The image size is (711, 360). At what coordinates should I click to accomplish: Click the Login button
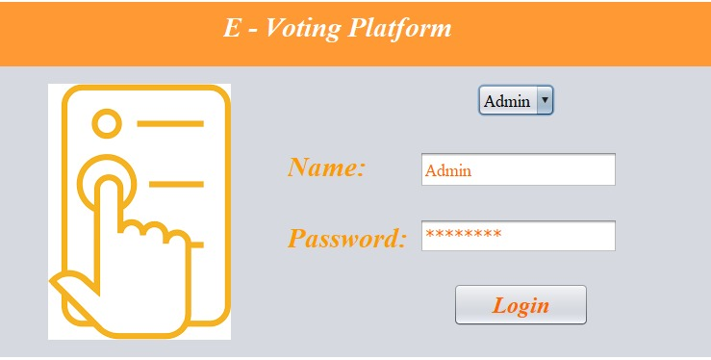point(521,305)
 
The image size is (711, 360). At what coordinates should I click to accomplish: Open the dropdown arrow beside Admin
point(546,99)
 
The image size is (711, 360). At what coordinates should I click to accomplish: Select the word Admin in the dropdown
point(507,100)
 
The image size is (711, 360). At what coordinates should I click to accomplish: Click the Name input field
point(518,169)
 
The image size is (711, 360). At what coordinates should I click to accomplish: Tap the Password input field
point(518,236)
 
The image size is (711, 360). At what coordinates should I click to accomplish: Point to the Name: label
point(327,167)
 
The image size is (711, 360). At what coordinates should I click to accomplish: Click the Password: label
point(346,238)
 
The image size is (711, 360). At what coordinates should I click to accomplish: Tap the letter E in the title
point(232,28)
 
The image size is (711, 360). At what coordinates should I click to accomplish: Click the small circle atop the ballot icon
point(107,124)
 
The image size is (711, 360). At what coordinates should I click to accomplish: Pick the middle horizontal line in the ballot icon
point(178,183)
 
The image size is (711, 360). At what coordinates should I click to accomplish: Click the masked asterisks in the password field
point(463,235)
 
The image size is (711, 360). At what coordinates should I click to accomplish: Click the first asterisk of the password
point(430,235)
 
